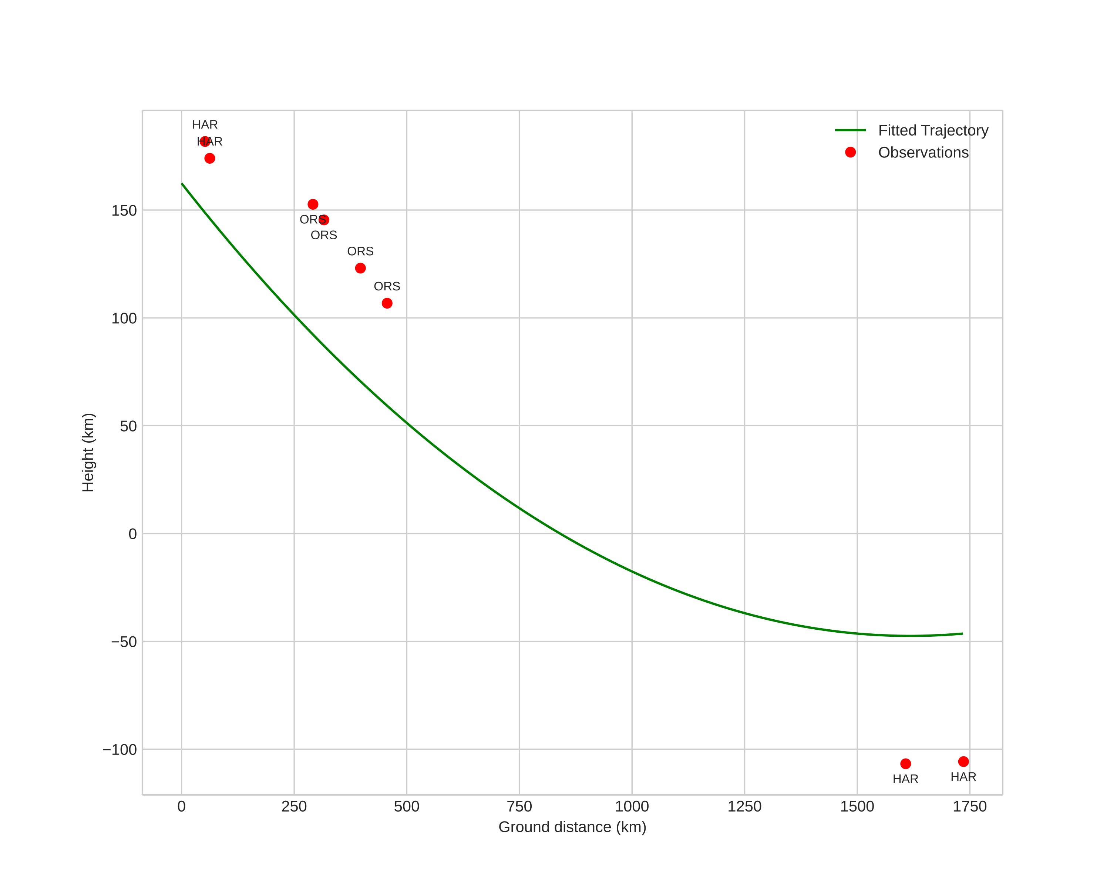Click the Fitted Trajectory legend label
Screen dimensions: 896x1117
(x=933, y=130)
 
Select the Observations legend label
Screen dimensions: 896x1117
(x=923, y=153)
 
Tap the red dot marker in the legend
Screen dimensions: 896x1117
(x=850, y=152)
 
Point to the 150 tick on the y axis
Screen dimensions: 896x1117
(x=124, y=210)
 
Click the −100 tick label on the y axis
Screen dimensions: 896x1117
(x=120, y=749)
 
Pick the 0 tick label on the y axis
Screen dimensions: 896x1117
(x=132, y=534)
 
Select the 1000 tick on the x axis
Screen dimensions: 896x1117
(x=632, y=806)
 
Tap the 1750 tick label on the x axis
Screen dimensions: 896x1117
(x=969, y=806)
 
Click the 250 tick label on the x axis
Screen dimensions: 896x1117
(x=294, y=806)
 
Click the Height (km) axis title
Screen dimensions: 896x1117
(x=88, y=452)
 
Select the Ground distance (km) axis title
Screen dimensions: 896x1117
(x=572, y=827)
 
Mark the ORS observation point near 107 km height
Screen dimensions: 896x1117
(x=387, y=303)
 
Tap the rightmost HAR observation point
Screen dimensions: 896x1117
(x=963, y=762)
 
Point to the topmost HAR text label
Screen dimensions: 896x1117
(x=205, y=125)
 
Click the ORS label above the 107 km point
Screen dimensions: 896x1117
(x=387, y=286)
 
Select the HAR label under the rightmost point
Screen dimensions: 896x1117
(x=963, y=777)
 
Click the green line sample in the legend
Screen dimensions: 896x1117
(x=850, y=130)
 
